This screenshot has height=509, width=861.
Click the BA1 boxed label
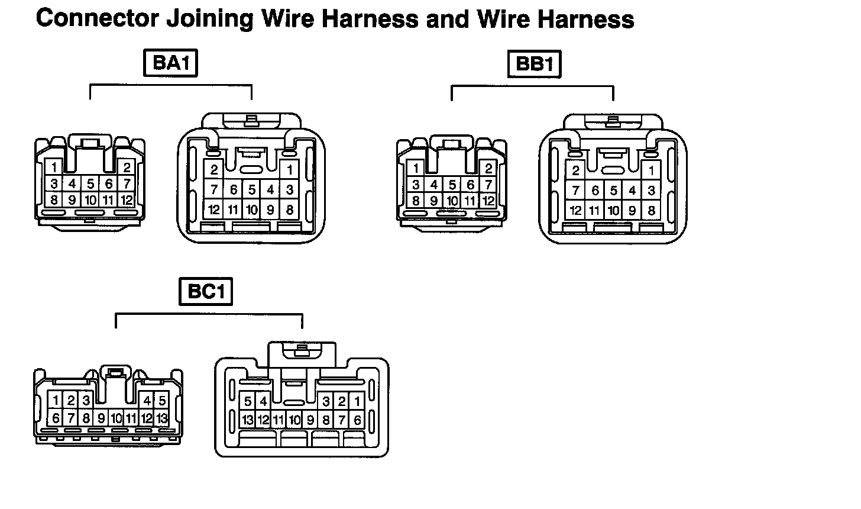point(170,63)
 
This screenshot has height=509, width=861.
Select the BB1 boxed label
point(534,65)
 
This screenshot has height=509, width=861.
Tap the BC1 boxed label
point(206,292)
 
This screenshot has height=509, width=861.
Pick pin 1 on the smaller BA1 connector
point(54,167)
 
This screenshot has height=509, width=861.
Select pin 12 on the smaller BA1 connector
point(126,200)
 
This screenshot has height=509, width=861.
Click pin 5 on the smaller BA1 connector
point(90,184)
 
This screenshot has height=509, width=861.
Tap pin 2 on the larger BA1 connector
point(214,170)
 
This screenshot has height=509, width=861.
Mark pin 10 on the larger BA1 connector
point(252,209)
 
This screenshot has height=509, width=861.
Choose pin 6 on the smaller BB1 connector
point(470,185)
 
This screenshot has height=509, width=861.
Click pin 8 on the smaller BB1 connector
point(416,201)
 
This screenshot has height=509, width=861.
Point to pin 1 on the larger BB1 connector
point(651,171)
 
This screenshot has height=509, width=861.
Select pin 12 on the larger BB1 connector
point(575,210)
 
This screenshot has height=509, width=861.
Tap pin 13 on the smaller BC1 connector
point(161,418)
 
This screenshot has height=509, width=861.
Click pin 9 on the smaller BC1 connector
point(101,418)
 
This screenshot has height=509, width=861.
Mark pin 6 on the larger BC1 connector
point(357,420)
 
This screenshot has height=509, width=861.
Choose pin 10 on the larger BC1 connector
point(294,420)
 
